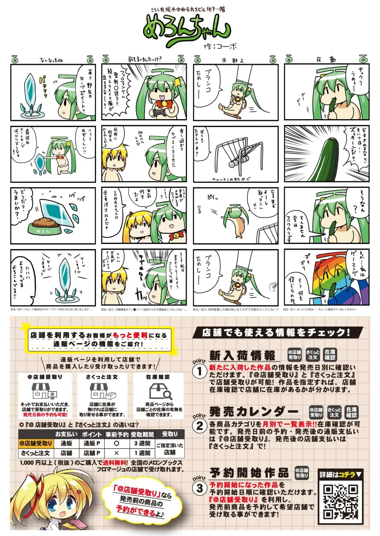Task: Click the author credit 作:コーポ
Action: point(220,46)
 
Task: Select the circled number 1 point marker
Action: point(199,371)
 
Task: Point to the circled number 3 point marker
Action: point(199,488)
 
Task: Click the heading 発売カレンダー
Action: point(254,411)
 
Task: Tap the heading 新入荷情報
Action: point(242,355)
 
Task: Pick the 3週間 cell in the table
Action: point(142,444)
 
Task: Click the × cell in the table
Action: point(116,453)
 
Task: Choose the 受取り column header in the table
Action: point(170,434)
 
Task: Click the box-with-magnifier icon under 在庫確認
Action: point(160,391)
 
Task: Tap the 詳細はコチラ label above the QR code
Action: point(340,474)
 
